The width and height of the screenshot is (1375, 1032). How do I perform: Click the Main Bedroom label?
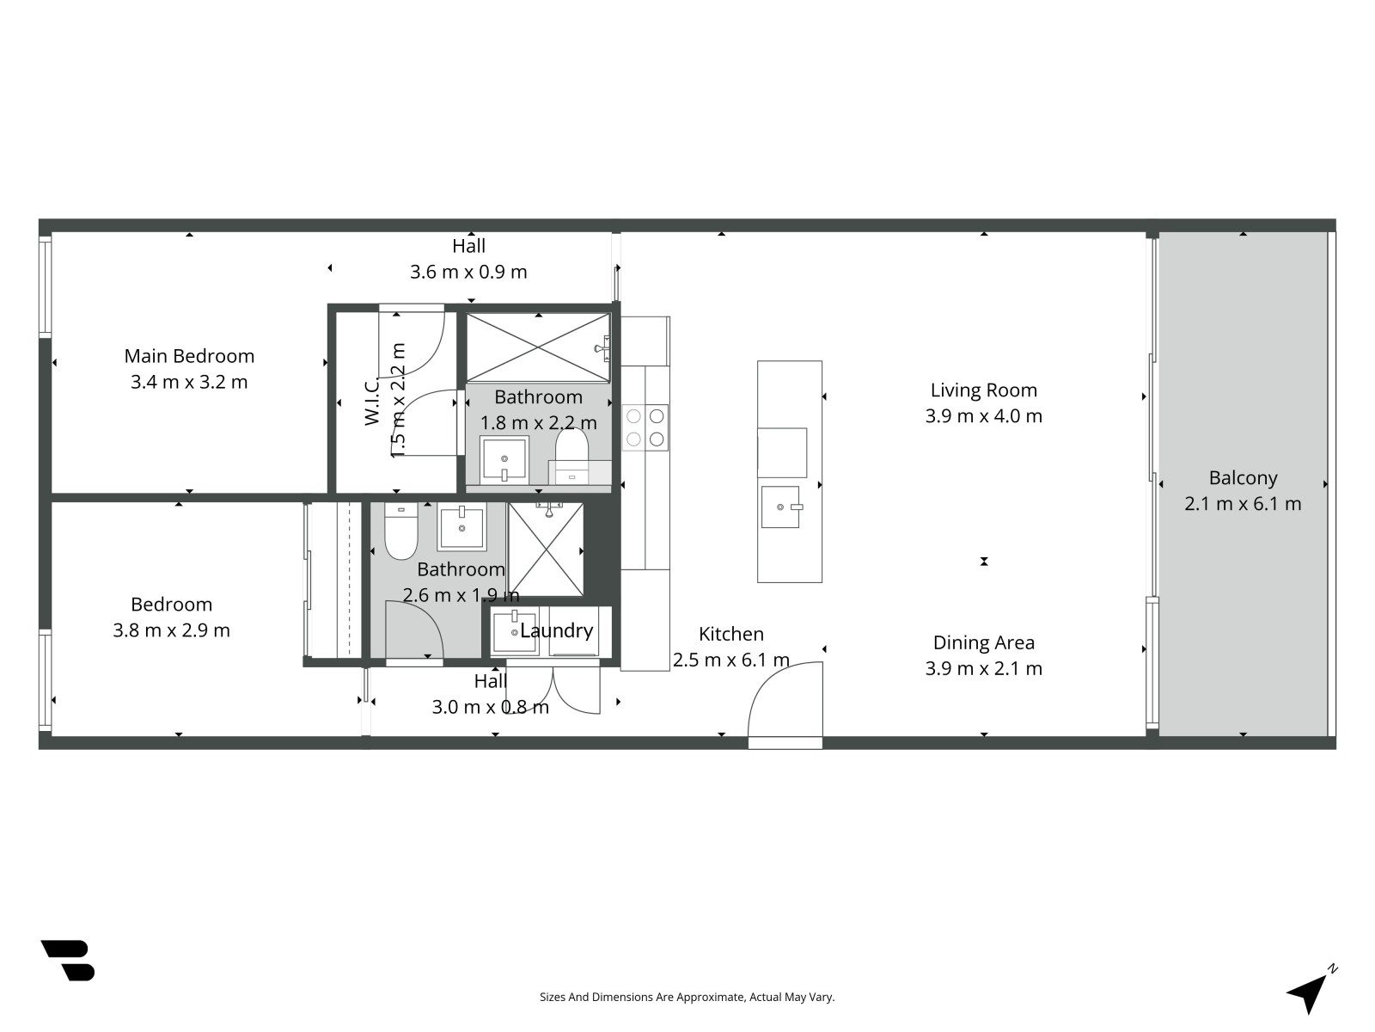click(x=189, y=356)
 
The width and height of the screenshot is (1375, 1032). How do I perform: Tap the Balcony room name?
click(x=1243, y=478)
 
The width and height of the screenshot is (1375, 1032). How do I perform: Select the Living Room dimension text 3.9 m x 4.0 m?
click(x=983, y=416)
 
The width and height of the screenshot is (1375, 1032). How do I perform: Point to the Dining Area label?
click(x=983, y=642)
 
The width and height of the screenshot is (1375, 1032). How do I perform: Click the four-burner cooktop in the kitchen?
click(x=645, y=427)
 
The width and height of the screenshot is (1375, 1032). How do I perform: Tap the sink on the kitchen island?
click(x=781, y=507)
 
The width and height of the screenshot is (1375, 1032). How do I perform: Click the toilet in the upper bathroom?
click(x=572, y=447)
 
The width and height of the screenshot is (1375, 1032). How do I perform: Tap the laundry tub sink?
click(x=514, y=632)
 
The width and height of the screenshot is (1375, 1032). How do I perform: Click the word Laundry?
click(x=556, y=630)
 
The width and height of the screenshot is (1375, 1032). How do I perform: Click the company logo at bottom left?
click(x=68, y=960)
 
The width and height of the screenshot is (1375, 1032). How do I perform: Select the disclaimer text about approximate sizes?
click(x=687, y=997)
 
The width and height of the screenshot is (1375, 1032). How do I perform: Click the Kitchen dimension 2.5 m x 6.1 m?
click(x=731, y=660)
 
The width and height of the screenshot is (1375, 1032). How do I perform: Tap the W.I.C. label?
click(x=371, y=401)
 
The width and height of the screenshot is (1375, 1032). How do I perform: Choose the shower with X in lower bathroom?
click(x=546, y=550)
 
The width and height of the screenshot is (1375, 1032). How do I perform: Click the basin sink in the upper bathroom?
click(x=504, y=459)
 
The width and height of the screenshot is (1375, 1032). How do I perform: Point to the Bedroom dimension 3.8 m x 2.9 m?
click(x=171, y=630)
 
